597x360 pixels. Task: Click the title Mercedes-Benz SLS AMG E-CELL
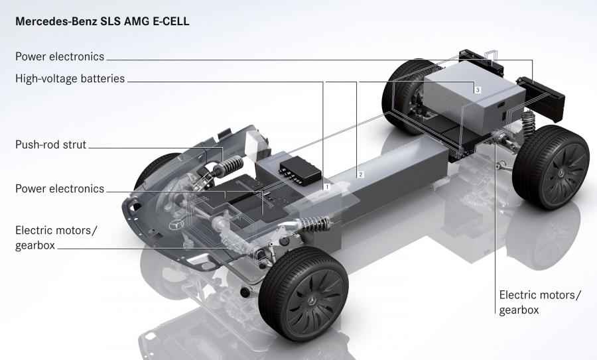click(102, 21)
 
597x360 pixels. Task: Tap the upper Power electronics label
click(60, 56)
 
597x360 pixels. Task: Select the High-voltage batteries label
click(70, 78)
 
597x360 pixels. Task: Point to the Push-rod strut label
click(51, 145)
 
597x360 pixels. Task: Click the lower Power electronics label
click(60, 189)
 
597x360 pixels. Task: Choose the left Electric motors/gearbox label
click(56, 237)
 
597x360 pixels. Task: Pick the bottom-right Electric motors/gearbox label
click(540, 302)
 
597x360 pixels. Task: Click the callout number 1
click(326, 187)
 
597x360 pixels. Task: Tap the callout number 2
click(360, 174)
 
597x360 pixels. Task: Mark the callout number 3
click(478, 90)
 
